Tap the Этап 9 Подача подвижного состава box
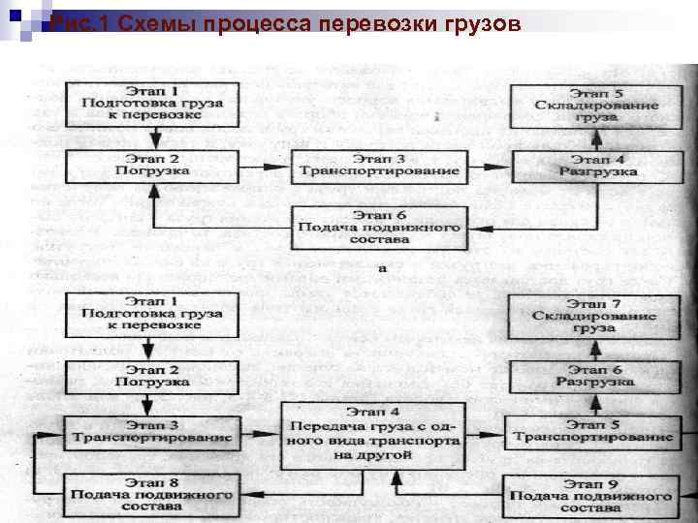click(x=590, y=494)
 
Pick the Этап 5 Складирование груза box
click(x=596, y=102)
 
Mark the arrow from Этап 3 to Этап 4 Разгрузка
click(x=490, y=168)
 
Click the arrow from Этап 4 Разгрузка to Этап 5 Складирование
click(x=596, y=135)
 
